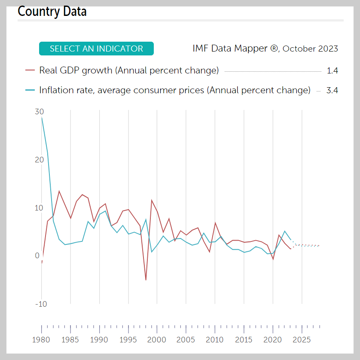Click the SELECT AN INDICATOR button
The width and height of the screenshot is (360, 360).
pos(96,49)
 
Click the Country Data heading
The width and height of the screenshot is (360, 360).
pos(52,11)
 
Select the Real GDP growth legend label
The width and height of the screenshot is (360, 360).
pos(129,70)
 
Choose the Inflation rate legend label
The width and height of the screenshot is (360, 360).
pos(174,90)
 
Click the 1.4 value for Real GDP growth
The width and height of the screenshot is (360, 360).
pos(332,71)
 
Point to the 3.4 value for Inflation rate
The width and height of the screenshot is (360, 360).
pos(332,91)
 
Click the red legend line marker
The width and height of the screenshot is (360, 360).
pos(30,70)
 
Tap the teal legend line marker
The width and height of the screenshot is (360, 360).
pos(30,90)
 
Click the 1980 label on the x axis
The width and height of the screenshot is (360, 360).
pos(42,339)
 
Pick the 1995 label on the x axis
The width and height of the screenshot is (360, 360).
pos(128,339)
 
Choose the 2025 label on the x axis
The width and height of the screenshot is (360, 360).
pos(302,339)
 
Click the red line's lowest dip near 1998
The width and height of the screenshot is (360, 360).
pos(146,280)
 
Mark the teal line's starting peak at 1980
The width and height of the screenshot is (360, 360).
pos(42,117)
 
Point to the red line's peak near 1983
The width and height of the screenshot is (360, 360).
pos(59,191)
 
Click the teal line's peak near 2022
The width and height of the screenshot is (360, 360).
pos(284,231)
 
